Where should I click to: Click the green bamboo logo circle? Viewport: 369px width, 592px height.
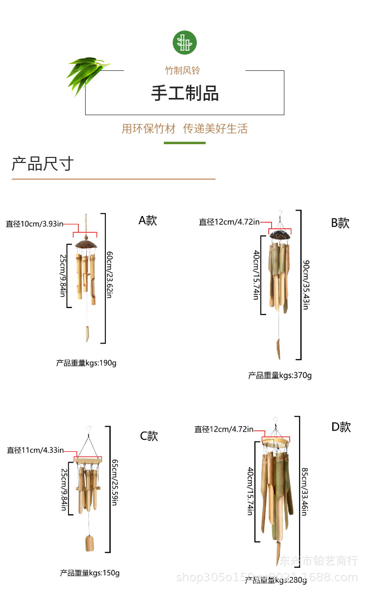click(x=184, y=42)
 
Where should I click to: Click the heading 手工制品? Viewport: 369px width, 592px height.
click(x=184, y=93)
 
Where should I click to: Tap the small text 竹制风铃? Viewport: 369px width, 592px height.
click(x=183, y=70)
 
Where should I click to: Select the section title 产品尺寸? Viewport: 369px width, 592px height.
click(x=43, y=163)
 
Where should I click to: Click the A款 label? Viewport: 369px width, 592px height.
click(x=148, y=220)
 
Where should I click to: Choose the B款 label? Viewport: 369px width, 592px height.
click(x=340, y=223)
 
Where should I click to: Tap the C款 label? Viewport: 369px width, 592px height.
click(x=149, y=436)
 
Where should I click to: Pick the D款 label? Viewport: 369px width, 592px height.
click(x=341, y=427)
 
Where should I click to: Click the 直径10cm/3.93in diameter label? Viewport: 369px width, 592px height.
click(x=34, y=224)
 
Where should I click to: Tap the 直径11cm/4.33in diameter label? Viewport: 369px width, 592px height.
click(x=35, y=450)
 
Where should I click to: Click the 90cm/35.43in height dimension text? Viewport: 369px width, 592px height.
click(x=306, y=284)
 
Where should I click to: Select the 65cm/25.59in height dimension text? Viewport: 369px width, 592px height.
click(x=115, y=482)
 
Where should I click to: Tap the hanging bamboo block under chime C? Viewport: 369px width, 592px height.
click(x=90, y=543)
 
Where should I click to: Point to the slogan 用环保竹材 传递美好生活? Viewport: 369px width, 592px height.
click(x=184, y=129)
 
